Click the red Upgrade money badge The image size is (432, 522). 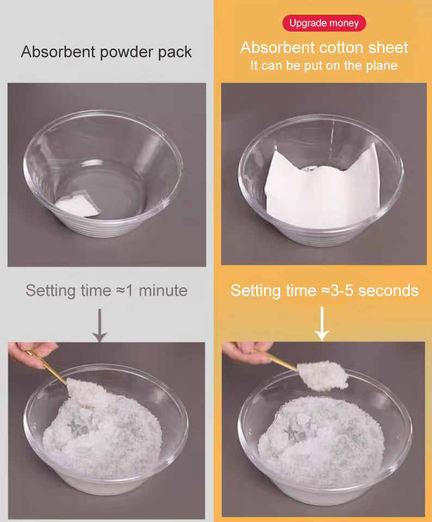click(324, 23)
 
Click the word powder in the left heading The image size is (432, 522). click(127, 53)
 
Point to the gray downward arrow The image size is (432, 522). click(100, 325)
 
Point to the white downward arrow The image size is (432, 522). click(322, 324)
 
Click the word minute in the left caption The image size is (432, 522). click(163, 290)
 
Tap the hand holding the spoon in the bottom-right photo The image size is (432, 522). click(246, 351)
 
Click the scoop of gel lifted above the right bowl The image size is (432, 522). click(323, 375)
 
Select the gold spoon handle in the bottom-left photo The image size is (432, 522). click(47, 367)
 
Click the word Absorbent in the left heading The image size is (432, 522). click(58, 52)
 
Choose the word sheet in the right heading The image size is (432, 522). click(388, 48)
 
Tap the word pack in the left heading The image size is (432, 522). click(175, 53)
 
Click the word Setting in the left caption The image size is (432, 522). click(51, 291)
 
